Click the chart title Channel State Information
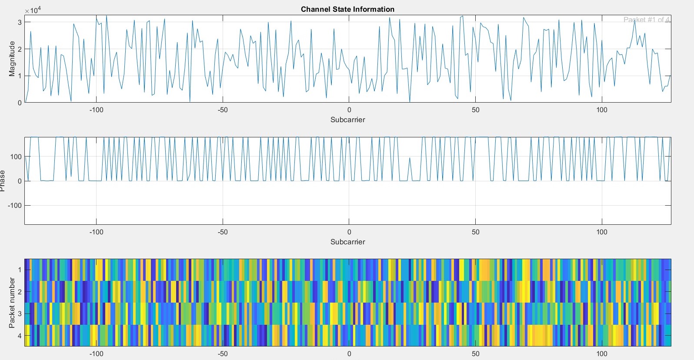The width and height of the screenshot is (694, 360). [x=347, y=9]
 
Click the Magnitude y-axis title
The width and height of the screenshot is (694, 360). [x=12, y=59]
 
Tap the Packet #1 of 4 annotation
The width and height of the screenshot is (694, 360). [x=646, y=20]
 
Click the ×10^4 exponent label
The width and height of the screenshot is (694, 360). [x=33, y=10]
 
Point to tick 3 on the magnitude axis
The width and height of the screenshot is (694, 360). [x=20, y=22]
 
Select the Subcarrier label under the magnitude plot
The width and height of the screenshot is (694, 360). [x=347, y=120]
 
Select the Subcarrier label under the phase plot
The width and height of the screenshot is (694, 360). [x=347, y=242]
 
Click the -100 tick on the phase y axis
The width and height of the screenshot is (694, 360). [x=14, y=205]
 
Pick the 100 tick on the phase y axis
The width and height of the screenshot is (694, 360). [x=16, y=157]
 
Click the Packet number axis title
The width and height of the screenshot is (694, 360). [x=12, y=303]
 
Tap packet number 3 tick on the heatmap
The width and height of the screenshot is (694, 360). [x=20, y=313]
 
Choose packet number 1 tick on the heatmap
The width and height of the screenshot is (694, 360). [x=20, y=270]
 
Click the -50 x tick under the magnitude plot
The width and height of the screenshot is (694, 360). [x=223, y=110]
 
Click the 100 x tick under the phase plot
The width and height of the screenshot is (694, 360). [x=602, y=232]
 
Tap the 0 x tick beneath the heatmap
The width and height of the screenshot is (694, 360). [x=349, y=354]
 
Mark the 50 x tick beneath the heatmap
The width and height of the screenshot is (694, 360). [x=475, y=354]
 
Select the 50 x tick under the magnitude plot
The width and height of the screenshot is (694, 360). [x=475, y=110]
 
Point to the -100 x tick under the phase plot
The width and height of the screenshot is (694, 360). [x=96, y=232]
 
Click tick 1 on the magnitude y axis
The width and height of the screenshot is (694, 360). [x=20, y=76]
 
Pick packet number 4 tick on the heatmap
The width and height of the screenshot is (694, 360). [x=20, y=336]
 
